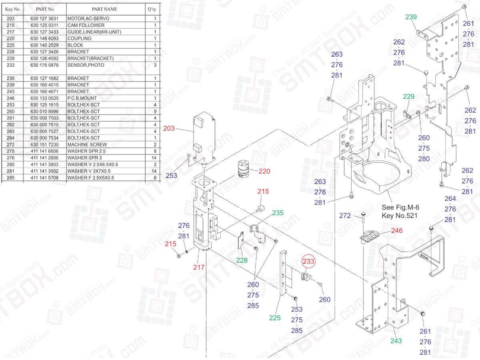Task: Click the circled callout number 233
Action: pyautogui.click(x=308, y=261)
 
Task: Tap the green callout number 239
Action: pyautogui.click(x=411, y=17)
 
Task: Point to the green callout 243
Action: pyautogui.click(x=396, y=341)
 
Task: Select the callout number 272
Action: pyautogui.click(x=345, y=216)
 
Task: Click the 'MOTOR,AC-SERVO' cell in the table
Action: pyautogui.click(x=88, y=18)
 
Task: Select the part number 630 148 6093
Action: pyautogui.click(x=44, y=38)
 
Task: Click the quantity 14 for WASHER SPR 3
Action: pyautogui.click(x=155, y=158)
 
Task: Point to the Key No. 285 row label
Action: pyautogui.click(x=11, y=178)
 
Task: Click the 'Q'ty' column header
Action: pyautogui.click(x=152, y=9)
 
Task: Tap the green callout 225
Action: pyautogui.click(x=275, y=318)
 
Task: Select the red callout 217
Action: pyautogui.click(x=199, y=267)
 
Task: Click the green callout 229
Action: pyautogui.click(x=408, y=96)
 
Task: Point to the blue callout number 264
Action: pyautogui.click(x=450, y=199)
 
